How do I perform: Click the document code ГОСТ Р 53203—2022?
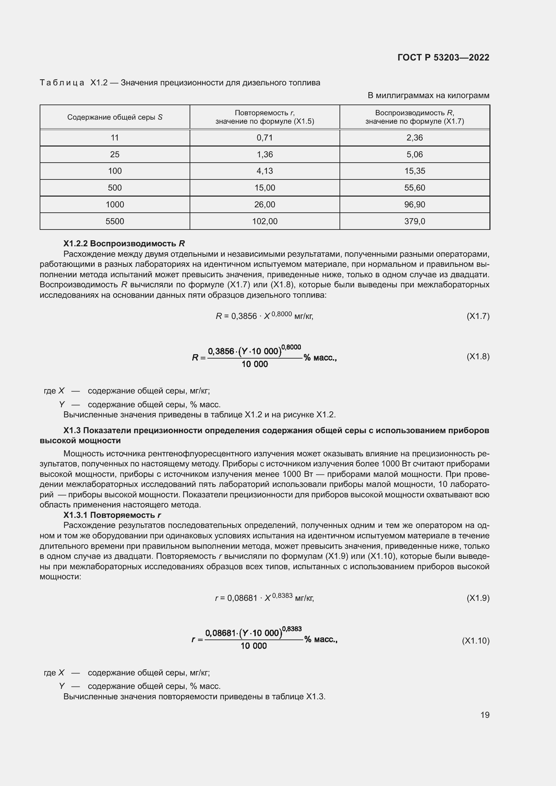(443, 57)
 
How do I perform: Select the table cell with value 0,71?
(264, 138)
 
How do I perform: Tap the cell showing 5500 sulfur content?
(115, 221)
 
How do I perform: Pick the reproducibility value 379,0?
(414, 221)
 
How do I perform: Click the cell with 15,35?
(414, 171)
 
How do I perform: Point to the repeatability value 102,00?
(264, 221)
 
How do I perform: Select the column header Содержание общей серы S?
(115, 117)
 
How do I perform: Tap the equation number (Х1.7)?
(478, 316)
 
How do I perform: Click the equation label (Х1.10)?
(476, 641)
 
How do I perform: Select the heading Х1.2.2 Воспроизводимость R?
(124, 243)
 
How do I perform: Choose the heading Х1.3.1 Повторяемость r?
(112, 515)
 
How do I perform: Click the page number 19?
(484, 715)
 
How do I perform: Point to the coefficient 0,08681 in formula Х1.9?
(242, 598)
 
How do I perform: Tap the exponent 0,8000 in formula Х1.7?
(281, 314)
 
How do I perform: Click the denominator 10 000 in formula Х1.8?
(254, 364)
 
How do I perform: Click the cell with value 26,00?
(264, 205)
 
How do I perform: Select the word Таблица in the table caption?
(62, 83)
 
